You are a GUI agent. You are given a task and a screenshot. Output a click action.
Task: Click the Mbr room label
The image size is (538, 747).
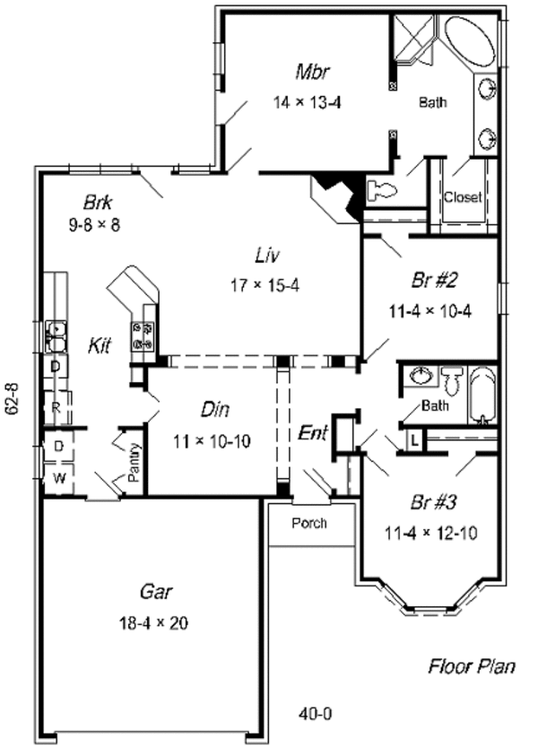tap(309, 71)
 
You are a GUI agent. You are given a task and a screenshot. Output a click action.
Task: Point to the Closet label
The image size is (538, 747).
tap(462, 196)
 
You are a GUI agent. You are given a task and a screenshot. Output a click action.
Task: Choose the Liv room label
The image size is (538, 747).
tap(265, 256)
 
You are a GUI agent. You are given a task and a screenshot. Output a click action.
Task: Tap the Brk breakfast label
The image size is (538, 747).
tap(96, 201)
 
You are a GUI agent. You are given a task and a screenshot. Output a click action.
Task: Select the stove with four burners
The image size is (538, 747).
tap(143, 335)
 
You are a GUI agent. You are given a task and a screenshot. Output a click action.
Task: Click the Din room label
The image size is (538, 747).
tap(215, 410)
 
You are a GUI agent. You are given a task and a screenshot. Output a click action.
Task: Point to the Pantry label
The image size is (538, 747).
tap(134, 464)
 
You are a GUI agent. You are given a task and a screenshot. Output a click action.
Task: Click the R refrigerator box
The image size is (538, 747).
tap(57, 405)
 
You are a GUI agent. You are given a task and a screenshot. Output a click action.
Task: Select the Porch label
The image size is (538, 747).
tap(309, 523)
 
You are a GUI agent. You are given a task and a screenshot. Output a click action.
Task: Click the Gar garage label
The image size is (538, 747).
tap(157, 592)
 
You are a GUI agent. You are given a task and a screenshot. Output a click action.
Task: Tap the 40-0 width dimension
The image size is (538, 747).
tap(315, 714)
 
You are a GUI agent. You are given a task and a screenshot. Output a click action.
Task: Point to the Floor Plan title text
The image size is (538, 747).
tap(471, 665)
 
